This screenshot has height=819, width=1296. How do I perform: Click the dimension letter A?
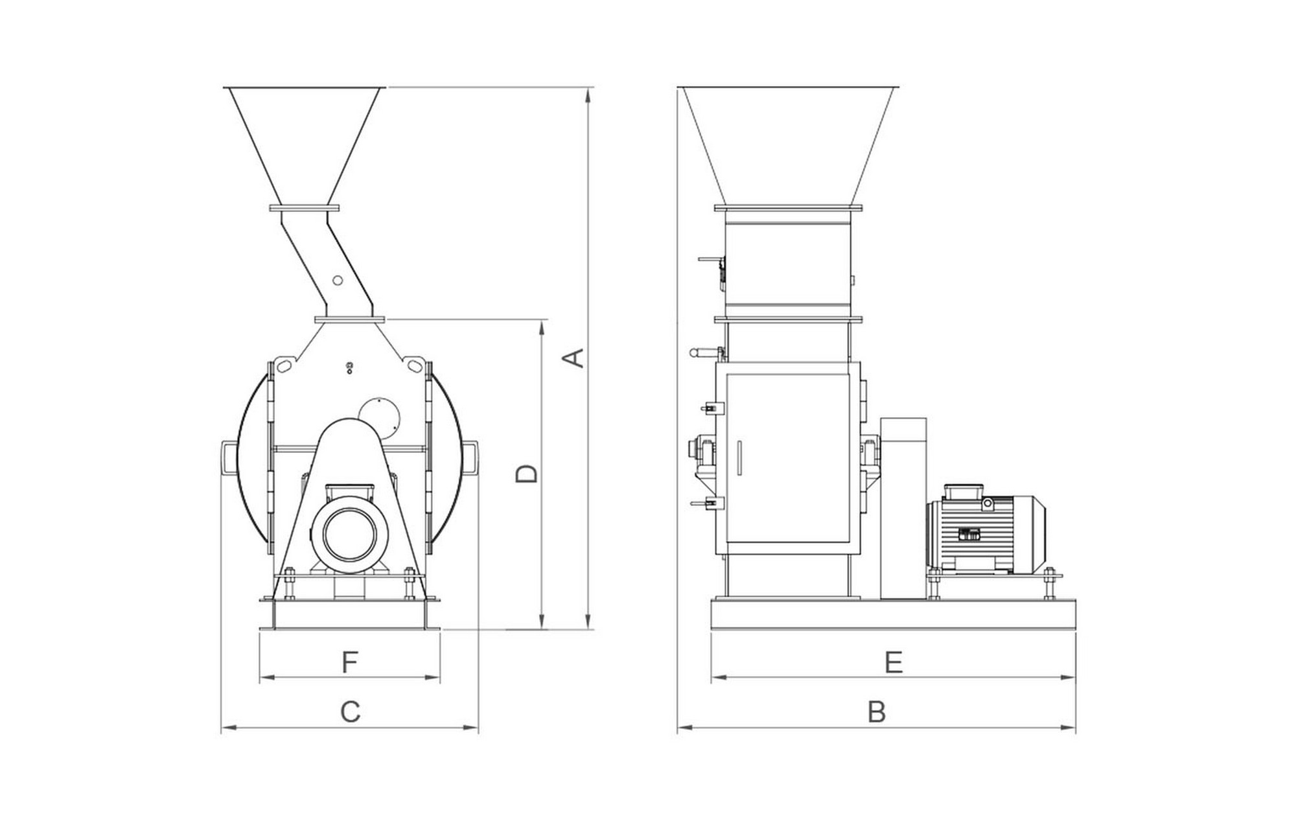point(575,358)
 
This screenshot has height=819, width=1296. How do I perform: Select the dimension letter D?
point(527,474)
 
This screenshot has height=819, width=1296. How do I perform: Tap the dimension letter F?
point(349,662)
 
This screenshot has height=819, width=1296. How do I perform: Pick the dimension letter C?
point(351,711)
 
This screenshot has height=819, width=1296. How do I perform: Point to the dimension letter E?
point(894,662)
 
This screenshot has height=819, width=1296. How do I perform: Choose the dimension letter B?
point(877,711)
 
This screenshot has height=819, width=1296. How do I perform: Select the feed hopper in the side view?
point(788,145)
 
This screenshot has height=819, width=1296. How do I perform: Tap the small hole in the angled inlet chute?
point(337,280)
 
